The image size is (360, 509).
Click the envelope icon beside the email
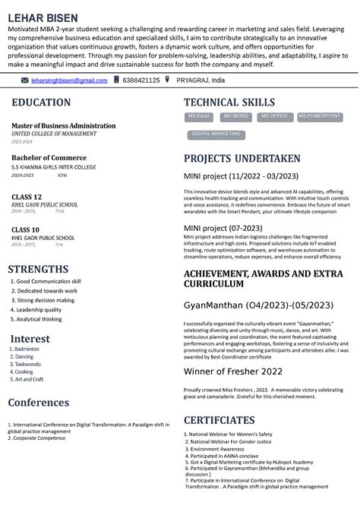point(25,80)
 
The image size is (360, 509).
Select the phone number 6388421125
point(141,80)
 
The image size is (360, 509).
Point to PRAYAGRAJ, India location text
point(200,80)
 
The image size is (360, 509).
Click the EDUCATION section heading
point(42,103)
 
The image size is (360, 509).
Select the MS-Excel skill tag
point(199,116)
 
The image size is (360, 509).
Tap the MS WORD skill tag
point(235,116)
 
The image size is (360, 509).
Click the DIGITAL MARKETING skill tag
point(216,134)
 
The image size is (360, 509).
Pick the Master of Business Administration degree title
point(64,125)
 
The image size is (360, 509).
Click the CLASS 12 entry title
point(27,197)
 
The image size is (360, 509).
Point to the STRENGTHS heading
point(38,269)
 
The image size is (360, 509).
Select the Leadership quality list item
point(39,310)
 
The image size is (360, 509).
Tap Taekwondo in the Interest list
point(28,364)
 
